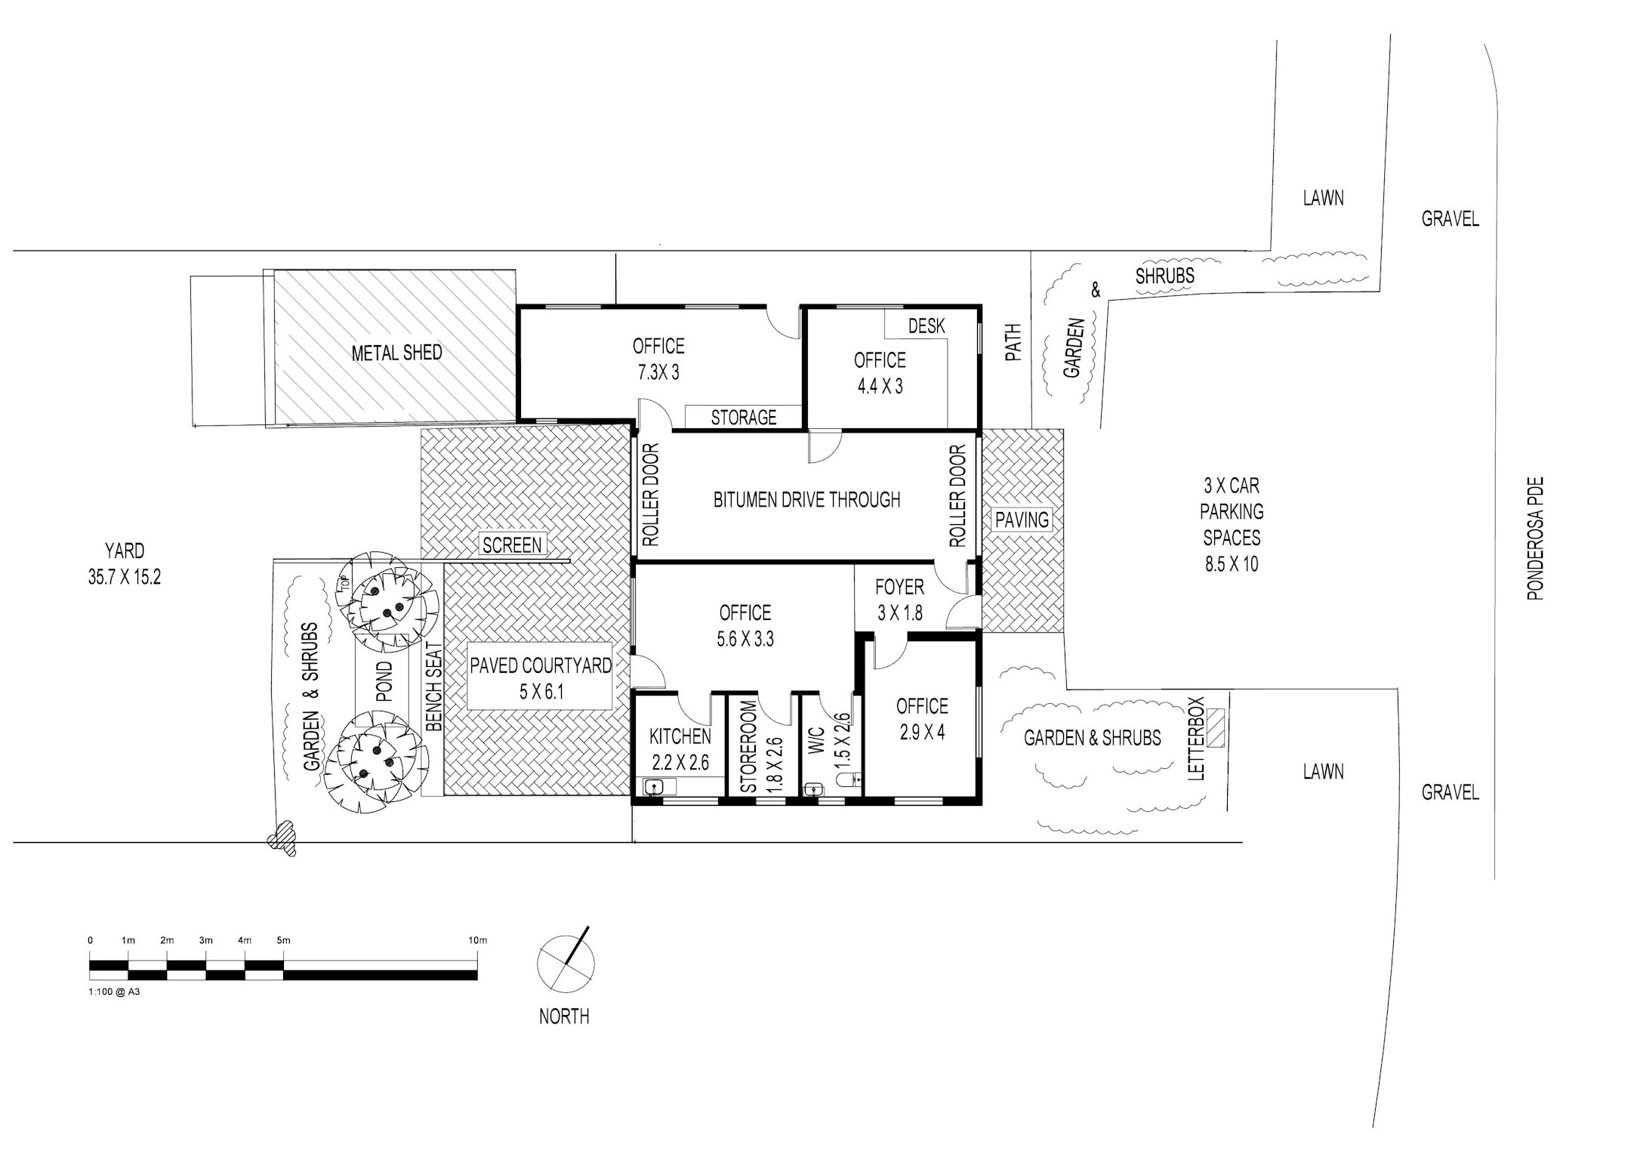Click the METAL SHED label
pos(396,353)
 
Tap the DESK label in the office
pos(926,326)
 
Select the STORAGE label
pos(744,417)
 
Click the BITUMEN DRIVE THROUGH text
pos(806,499)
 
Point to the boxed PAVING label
pos(1022,520)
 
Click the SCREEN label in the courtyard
pos(512,545)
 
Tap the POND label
pos(384,682)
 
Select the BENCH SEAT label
pos(433,687)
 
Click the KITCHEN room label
pos(680,736)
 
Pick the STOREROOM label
pos(748,746)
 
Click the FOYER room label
pos(899,587)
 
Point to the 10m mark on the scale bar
pos(477,940)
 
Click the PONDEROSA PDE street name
pos(1535,538)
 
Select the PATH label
pos(1013,342)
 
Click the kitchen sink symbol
pos(654,788)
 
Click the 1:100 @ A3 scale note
pos(114,992)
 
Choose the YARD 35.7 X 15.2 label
pos(124,564)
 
